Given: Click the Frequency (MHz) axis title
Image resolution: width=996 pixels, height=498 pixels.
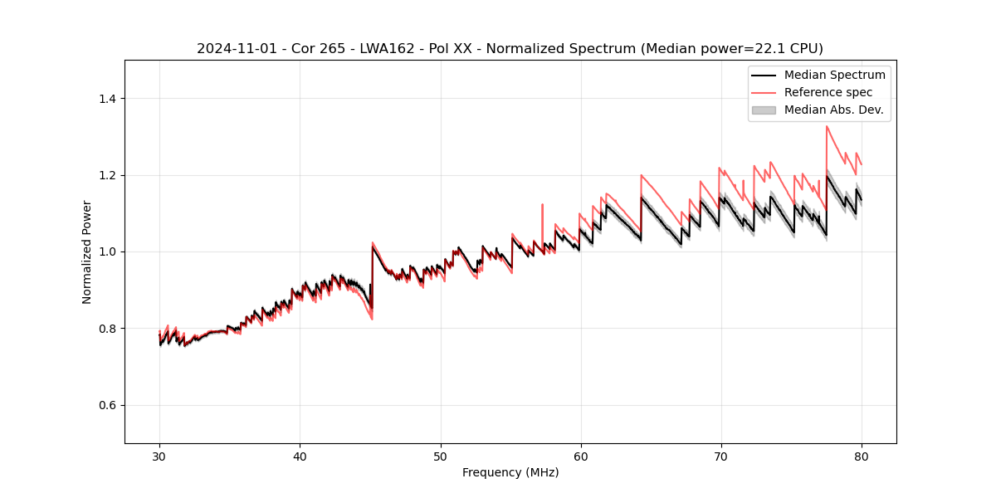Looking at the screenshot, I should [x=510, y=472].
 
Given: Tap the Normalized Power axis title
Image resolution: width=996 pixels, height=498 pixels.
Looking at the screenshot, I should [x=87, y=251].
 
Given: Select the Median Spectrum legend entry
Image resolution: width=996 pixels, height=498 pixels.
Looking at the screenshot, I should [x=834, y=75].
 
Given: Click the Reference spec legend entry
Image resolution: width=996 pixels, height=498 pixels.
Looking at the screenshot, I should [x=828, y=92].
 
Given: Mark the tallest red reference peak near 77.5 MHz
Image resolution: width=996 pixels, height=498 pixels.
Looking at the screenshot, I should [x=827, y=127].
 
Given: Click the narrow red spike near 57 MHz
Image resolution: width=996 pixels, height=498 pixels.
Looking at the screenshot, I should [x=542, y=205].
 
